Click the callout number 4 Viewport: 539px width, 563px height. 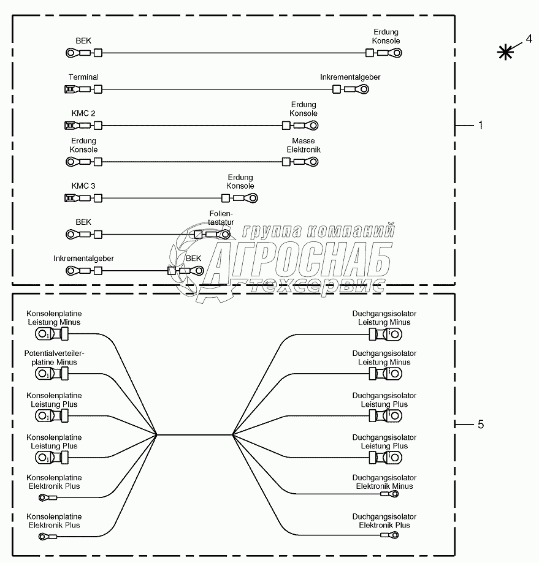point(529,39)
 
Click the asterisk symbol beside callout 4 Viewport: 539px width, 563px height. point(506,53)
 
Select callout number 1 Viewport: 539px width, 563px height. point(480,125)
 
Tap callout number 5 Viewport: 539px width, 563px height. point(480,424)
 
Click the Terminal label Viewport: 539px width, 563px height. point(83,77)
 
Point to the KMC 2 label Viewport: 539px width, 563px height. point(83,113)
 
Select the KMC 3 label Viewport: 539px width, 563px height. point(83,186)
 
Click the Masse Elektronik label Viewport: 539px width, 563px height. point(304,145)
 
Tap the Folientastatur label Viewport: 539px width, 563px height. point(222,217)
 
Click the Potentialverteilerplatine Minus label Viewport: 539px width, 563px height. point(54,358)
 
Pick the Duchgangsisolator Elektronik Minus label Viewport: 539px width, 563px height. point(384,482)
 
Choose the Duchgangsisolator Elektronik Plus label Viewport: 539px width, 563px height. point(384,521)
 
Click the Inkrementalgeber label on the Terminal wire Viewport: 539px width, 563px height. point(350,77)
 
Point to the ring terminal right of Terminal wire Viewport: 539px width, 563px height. point(363,90)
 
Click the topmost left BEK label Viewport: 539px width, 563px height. point(83,40)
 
